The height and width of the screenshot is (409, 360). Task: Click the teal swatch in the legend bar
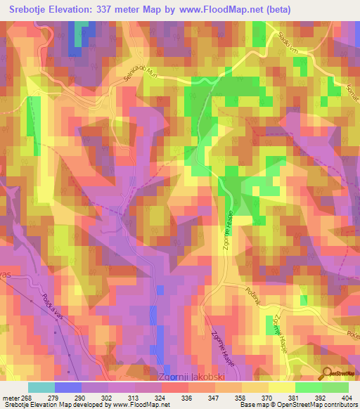point(41,387)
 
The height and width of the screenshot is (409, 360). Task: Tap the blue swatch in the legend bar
point(68,387)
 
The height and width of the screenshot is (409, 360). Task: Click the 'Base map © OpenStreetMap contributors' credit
point(297,405)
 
